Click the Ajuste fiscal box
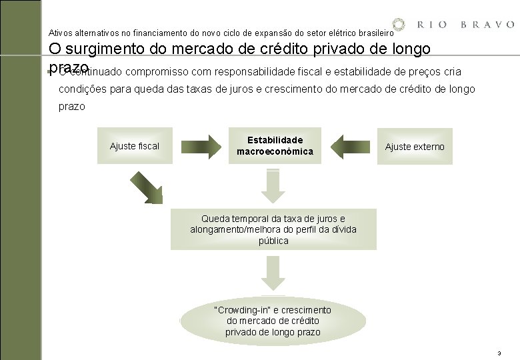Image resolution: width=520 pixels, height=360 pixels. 135,146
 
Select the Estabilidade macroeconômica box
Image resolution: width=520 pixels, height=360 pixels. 275,146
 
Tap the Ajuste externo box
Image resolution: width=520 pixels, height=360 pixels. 415,147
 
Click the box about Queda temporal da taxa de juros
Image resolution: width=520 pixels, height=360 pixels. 273,230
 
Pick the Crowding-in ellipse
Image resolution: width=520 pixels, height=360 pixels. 273,321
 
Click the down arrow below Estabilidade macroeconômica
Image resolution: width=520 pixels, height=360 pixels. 273,185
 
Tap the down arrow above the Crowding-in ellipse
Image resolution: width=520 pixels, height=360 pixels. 273,274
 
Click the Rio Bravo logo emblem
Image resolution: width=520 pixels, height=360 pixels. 399,25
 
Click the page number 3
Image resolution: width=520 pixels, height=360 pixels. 498,352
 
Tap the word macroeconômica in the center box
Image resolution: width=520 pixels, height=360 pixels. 275,151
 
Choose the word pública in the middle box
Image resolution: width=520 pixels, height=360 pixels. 273,241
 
